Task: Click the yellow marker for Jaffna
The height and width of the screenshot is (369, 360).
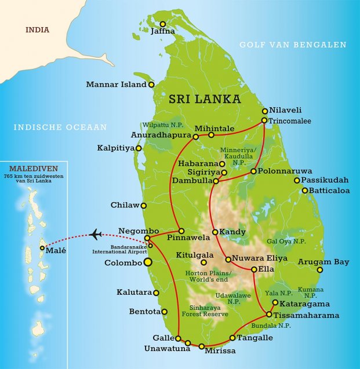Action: pos(163,24)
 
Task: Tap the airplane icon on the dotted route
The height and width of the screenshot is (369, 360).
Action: pos(96,234)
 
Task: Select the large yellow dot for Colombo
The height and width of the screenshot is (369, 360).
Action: pos(148,262)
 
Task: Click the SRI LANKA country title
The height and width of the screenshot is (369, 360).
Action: pos(205,99)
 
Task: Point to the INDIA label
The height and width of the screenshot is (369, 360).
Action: pos(37,30)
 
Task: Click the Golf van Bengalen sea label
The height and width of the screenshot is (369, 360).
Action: pos(293,45)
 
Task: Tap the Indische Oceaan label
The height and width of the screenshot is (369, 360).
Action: pos(61,127)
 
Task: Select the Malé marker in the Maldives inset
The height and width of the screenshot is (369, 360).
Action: pos(42,248)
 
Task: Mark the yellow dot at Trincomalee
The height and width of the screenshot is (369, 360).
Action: pos(264,120)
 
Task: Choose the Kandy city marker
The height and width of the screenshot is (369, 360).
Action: pos(215,232)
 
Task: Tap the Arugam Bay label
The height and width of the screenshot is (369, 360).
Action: pos(323,262)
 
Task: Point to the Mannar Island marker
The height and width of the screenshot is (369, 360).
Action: pos(152,85)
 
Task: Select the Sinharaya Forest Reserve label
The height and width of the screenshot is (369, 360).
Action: pos(209,310)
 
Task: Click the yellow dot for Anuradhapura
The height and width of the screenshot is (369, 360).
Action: pos(196,137)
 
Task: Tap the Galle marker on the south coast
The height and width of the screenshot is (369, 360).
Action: pos(179,338)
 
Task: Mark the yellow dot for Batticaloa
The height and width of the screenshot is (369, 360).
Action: pos(304,190)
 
